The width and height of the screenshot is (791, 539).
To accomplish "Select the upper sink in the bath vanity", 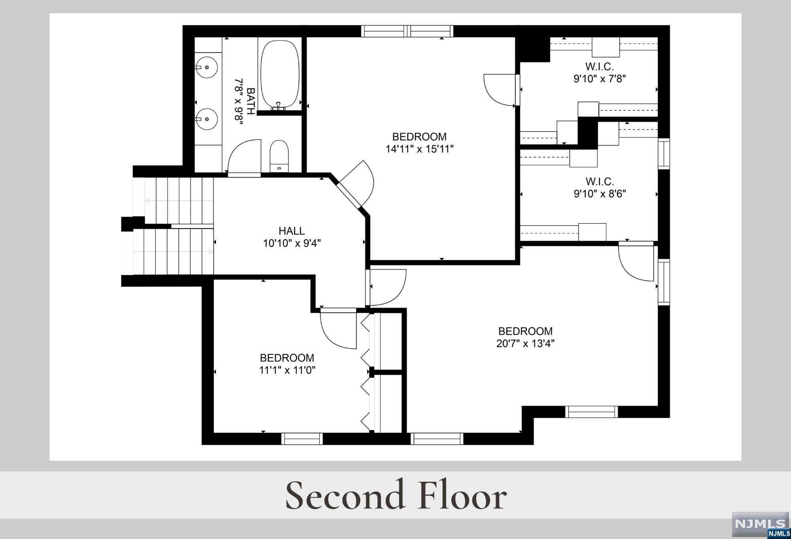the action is click(206, 68).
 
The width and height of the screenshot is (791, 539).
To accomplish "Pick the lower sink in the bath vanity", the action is click(206, 119).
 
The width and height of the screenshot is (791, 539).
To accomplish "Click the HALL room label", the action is click(292, 231).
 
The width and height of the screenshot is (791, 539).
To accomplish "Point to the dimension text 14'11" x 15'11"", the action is click(420, 149).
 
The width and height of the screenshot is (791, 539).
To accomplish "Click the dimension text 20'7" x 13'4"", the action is click(525, 343).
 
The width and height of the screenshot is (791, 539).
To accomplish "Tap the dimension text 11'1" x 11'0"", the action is click(287, 370).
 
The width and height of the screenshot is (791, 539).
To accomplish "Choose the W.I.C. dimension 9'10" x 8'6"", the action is click(600, 194).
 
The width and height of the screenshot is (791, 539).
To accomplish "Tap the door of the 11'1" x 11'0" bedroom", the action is click(339, 330).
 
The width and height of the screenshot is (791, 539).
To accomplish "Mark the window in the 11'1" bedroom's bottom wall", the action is click(302, 439).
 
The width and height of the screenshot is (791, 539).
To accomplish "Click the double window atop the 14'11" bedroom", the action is click(407, 31).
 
